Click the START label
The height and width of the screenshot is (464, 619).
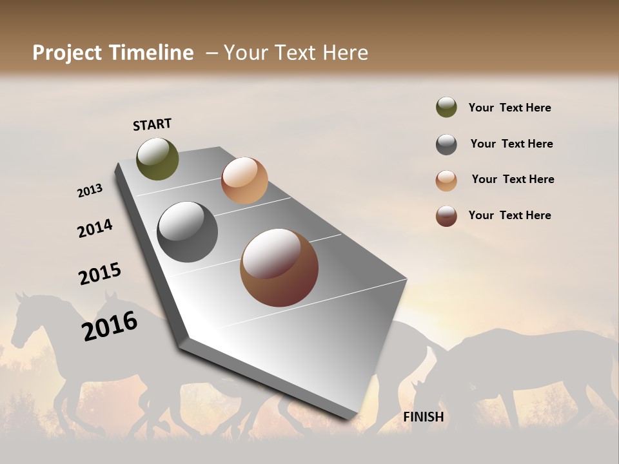[x=152, y=124]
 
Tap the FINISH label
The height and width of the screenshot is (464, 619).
[x=423, y=417]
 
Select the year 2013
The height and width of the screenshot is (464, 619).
[x=90, y=191]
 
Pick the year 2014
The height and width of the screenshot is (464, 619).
[x=95, y=229]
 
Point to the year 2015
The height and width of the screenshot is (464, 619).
[x=100, y=274]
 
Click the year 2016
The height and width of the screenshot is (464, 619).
[x=110, y=325]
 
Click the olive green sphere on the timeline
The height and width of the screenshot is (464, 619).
[x=157, y=159]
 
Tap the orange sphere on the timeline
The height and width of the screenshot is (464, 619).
[x=244, y=180]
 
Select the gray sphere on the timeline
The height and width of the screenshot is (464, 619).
[x=187, y=232]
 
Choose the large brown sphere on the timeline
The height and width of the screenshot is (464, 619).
[x=279, y=267]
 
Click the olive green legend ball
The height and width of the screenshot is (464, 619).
[x=446, y=107]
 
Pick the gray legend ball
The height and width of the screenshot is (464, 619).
[x=446, y=144]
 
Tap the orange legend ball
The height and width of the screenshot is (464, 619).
[x=446, y=180]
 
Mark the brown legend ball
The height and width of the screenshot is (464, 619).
[x=446, y=216]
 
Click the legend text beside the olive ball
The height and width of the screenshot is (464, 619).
[x=509, y=108]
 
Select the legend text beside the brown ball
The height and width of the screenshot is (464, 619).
[x=509, y=215]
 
